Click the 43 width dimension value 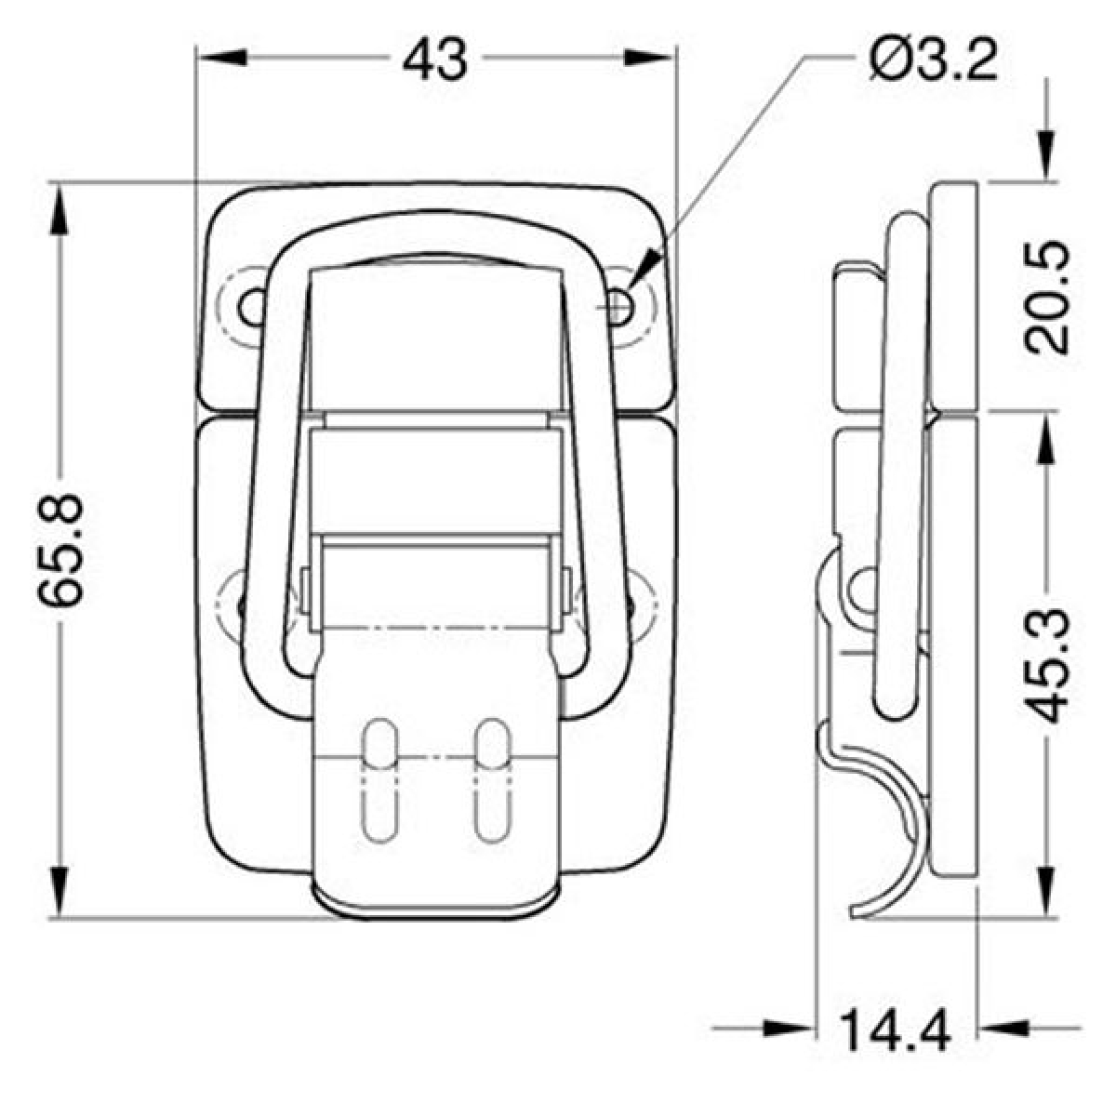click(434, 60)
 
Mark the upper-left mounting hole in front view click(251, 304)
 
